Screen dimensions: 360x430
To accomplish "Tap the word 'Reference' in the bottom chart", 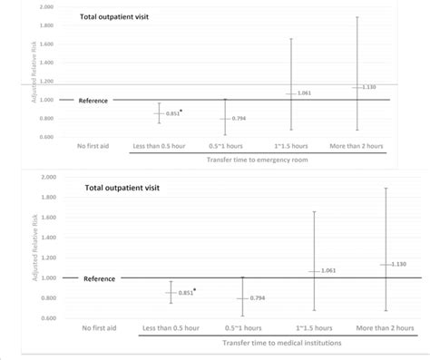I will pyautogui.click(x=100, y=278).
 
